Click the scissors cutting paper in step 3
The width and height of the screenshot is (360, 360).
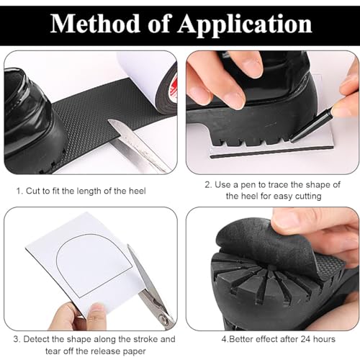(x=148, y=288)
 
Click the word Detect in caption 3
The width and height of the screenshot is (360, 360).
(x=37, y=338)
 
